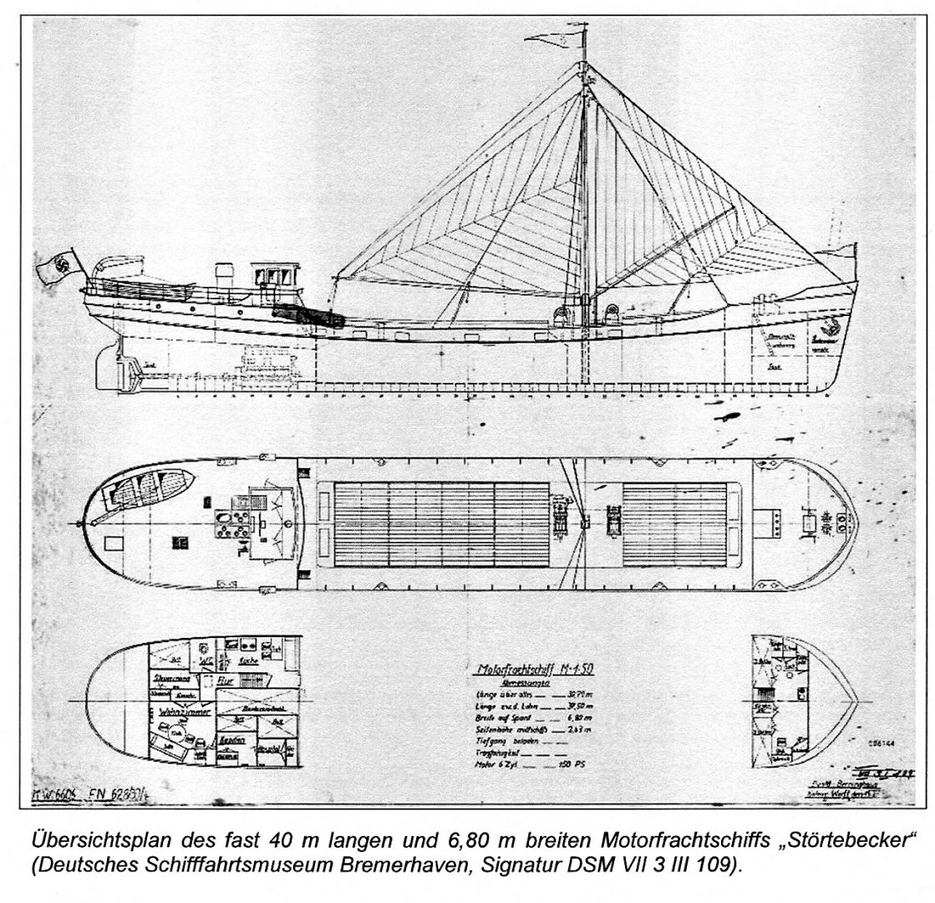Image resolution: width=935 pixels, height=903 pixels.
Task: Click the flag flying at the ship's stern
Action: click(x=56, y=268)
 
